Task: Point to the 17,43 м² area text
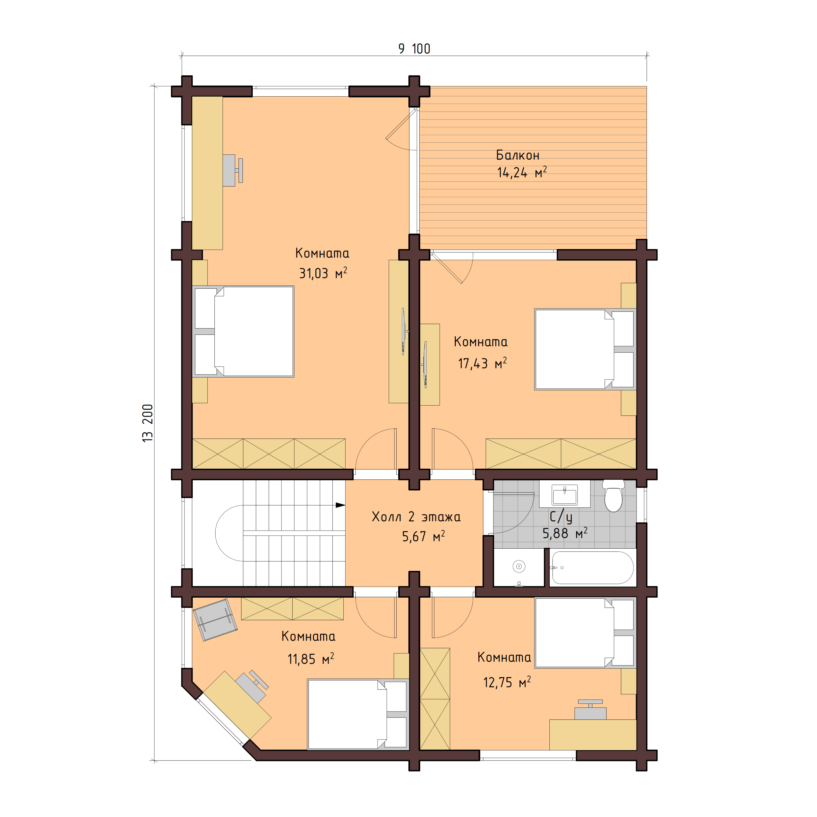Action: click(x=482, y=363)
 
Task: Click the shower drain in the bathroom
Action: click(x=519, y=566)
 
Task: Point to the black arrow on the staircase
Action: click(x=340, y=505)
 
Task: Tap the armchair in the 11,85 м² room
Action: click(x=215, y=619)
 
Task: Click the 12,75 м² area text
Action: click(x=507, y=682)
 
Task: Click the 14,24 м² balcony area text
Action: click(x=521, y=173)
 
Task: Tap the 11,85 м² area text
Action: click(x=310, y=659)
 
